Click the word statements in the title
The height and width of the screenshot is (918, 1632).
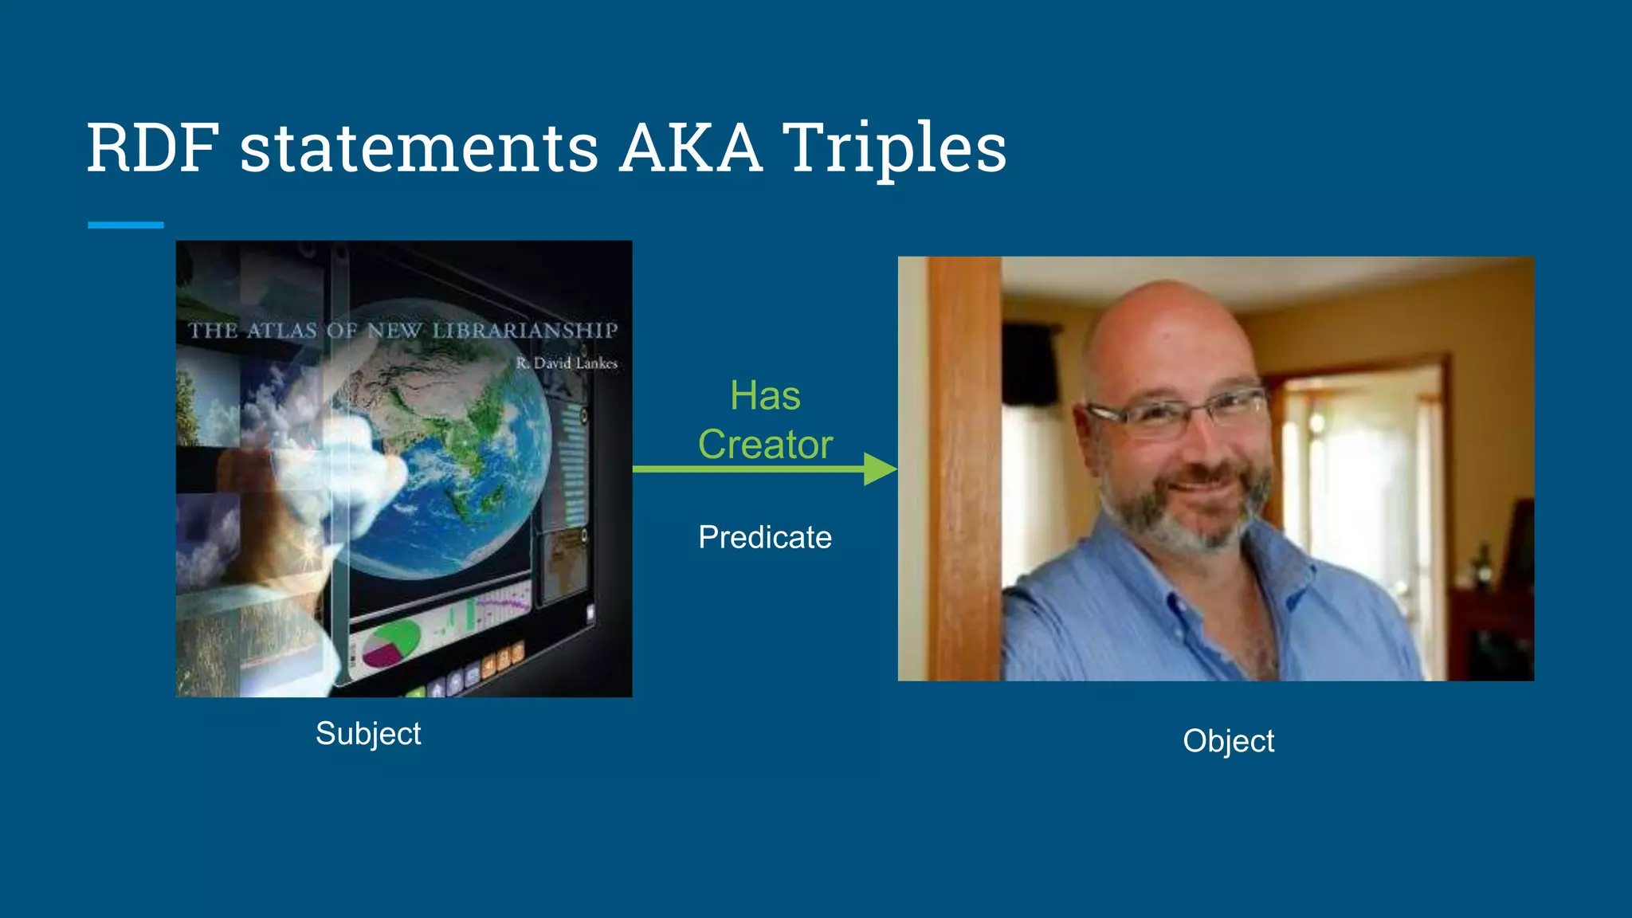click(x=419, y=149)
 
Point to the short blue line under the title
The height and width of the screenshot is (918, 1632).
click(x=126, y=226)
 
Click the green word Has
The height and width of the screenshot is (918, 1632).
click(x=765, y=396)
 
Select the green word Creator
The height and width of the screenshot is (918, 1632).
click(x=765, y=445)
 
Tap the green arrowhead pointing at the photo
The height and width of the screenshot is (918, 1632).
click(x=880, y=469)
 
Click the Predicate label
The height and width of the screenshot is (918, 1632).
click(x=765, y=537)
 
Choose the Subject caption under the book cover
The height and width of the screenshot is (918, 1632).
click(x=368, y=733)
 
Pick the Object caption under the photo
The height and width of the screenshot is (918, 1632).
click(x=1228, y=741)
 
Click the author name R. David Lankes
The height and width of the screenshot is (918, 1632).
click(x=567, y=363)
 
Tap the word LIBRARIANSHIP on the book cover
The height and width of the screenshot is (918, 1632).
click(x=525, y=331)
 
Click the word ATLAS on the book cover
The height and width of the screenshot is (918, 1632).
click(x=282, y=331)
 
